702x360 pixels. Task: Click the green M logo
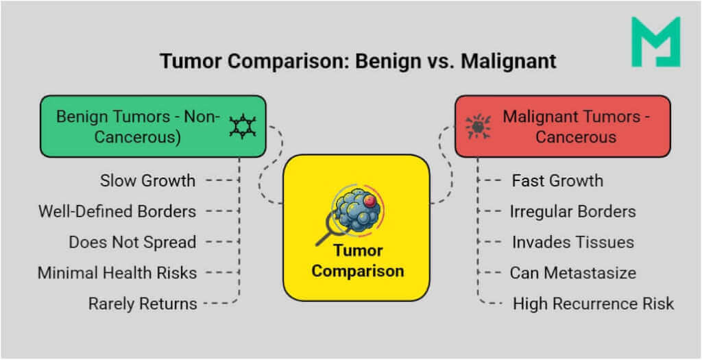[655, 43]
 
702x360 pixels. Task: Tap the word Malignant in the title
[508, 61]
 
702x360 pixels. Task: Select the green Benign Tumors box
[152, 126]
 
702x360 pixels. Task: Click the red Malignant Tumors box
[562, 126]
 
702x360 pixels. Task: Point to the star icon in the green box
[242, 127]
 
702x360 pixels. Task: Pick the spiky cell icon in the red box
[477, 127]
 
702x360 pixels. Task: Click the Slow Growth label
[147, 181]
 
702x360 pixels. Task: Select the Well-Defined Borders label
[117, 211]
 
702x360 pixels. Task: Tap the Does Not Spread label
[132, 242]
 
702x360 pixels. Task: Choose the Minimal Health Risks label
[117, 273]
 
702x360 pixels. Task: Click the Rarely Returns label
[143, 303]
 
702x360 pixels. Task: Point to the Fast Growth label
[557, 181]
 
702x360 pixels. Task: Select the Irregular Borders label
[572, 212]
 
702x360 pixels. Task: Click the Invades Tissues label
[572, 242]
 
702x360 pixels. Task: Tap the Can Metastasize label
[572, 273]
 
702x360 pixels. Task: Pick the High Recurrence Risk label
[593, 303]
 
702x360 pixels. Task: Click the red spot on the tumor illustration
[371, 200]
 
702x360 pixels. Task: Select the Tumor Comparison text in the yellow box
[357, 261]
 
